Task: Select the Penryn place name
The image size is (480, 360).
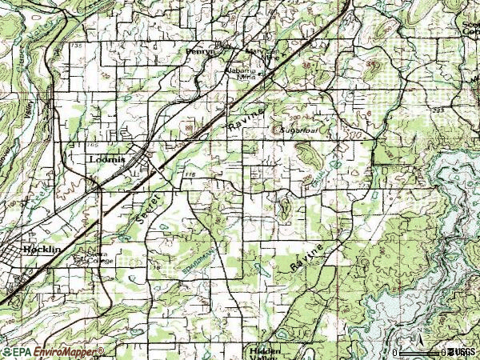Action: tap(201, 50)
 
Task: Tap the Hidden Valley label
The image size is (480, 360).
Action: tap(264, 353)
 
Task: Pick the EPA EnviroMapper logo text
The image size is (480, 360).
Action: tap(52, 352)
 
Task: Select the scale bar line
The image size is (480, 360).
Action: tap(421, 353)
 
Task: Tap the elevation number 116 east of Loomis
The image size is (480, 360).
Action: tap(189, 174)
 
